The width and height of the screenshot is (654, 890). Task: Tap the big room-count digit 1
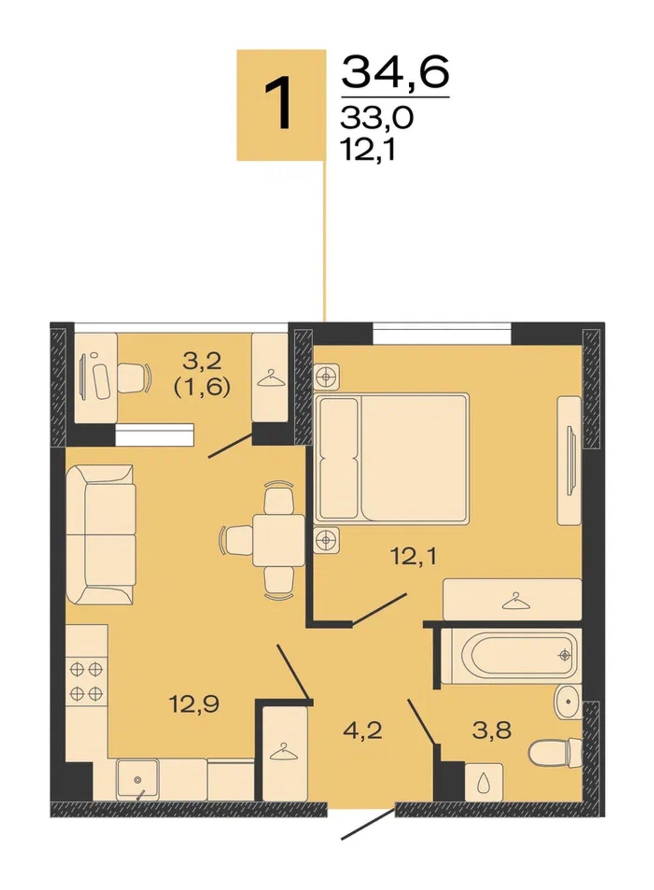click(280, 104)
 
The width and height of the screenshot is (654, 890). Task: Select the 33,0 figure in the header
click(377, 119)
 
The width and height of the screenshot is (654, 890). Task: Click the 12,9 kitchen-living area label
click(194, 704)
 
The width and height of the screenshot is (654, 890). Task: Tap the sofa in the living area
click(101, 534)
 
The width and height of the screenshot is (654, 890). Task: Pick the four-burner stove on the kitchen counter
click(86, 680)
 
